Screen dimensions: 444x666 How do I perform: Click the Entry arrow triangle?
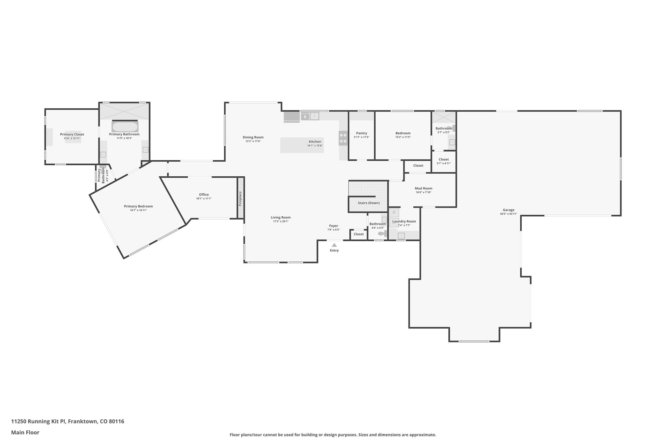pos(334,245)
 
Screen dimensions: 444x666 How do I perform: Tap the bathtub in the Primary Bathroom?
pos(125,126)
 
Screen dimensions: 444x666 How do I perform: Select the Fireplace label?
pos(240,198)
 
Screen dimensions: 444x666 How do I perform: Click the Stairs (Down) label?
pos(368,203)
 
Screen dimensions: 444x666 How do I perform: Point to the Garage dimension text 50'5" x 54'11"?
pos(508,214)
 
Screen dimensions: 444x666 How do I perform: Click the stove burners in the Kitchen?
pos(343,138)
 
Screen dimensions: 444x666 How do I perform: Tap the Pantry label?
pos(361,133)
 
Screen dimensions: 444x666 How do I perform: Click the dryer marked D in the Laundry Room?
pos(394,212)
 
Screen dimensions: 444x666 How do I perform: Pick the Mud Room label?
pos(423,188)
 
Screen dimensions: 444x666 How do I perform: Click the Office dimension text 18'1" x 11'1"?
pos(204,199)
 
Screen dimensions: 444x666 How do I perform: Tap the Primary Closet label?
pos(72,134)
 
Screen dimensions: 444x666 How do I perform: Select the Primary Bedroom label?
pos(138,206)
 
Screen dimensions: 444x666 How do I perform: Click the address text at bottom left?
pos(68,421)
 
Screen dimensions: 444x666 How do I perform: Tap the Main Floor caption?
pos(25,432)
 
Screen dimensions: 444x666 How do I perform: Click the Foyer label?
pos(333,226)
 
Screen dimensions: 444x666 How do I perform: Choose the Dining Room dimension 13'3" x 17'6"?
pos(253,141)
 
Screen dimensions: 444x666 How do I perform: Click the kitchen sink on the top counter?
pos(314,116)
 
